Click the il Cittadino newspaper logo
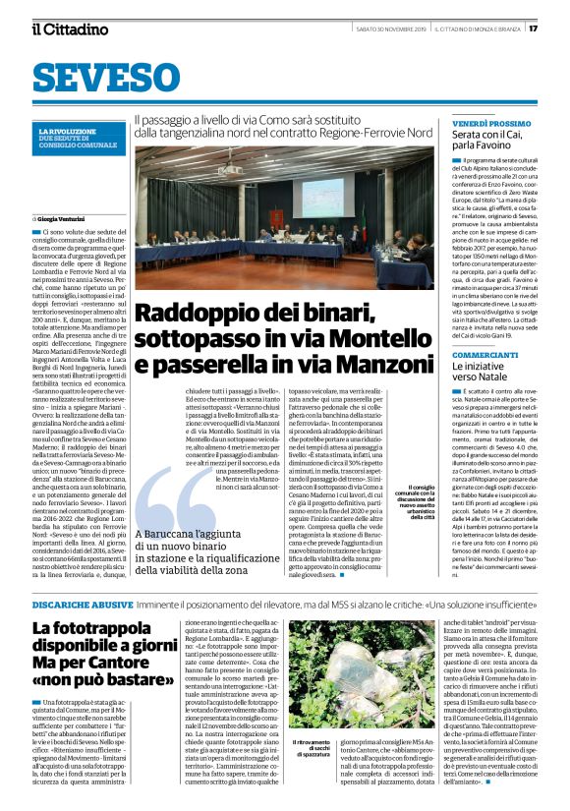69,29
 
